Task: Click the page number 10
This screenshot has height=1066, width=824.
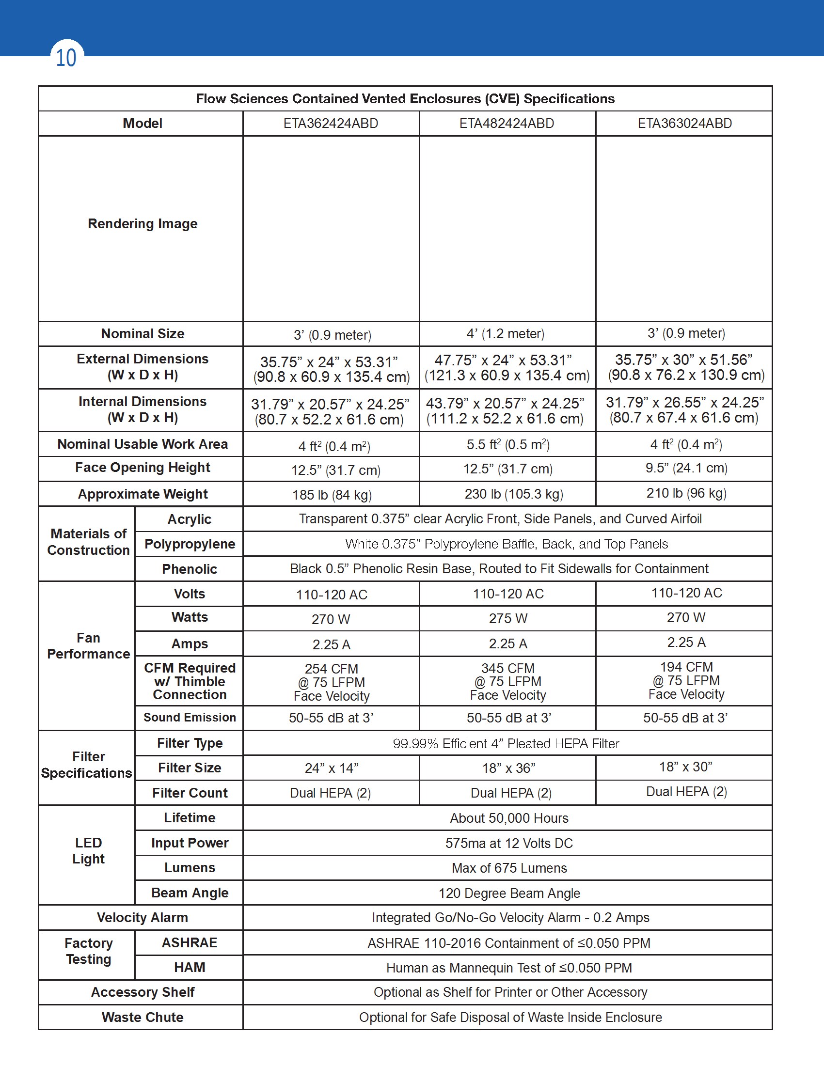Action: tap(66, 58)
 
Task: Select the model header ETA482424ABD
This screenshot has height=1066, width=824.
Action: tap(507, 124)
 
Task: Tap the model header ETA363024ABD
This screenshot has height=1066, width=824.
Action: tap(684, 124)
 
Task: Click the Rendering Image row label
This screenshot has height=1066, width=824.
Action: tap(143, 223)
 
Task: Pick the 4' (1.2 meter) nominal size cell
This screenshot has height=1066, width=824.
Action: tap(505, 334)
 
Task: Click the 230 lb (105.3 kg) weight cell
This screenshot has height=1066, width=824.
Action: tap(513, 494)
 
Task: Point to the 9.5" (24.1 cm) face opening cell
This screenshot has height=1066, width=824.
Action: tap(686, 468)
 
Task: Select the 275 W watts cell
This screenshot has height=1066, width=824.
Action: tap(508, 618)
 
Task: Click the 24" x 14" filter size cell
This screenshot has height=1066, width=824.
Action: tap(332, 768)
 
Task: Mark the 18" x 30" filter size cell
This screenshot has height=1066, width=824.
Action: tap(686, 767)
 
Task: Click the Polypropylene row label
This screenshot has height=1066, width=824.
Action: tap(190, 544)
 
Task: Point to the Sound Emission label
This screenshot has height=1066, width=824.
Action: tap(190, 717)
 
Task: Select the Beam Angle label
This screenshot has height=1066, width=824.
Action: tap(190, 892)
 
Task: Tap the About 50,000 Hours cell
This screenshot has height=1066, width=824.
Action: tap(508, 818)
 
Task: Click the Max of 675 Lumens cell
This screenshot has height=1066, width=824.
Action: tap(509, 868)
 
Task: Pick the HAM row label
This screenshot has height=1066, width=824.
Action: tap(190, 967)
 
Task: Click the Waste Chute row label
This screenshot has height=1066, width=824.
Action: tap(143, 1017)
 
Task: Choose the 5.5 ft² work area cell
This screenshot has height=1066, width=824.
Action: tap(507, 445)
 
